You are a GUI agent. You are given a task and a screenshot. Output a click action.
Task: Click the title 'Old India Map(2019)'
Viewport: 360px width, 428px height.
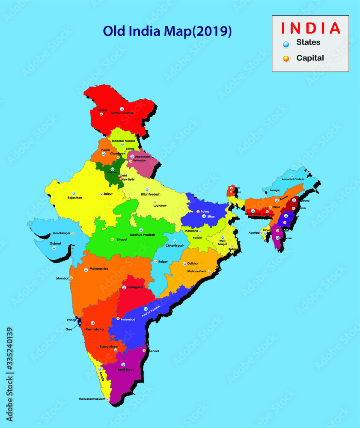167,32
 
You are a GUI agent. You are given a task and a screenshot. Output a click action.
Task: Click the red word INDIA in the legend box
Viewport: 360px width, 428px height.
310,28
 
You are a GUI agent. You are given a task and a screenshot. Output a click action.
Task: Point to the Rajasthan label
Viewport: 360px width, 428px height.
75,198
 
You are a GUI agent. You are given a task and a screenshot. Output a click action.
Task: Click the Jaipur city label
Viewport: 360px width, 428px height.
109,193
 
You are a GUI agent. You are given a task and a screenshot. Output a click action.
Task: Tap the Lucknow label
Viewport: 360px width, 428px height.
160,205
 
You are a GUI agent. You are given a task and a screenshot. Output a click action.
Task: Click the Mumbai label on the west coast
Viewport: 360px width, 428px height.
62,278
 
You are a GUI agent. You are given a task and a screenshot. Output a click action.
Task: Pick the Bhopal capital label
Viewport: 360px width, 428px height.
122,240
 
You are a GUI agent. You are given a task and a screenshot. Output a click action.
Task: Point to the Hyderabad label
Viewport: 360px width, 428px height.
128,319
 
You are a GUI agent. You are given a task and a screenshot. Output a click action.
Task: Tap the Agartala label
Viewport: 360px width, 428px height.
254,233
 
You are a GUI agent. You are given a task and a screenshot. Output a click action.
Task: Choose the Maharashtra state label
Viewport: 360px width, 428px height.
99,269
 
